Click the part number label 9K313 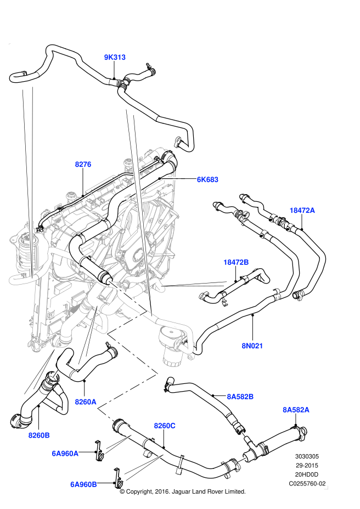point(115,57)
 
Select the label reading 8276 point(83,164)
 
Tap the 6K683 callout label point(207,179)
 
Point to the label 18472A point(302,210)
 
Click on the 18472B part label point(236,262)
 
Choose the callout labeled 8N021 point(252,346)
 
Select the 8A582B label point(240,397)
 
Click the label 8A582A point(296,410)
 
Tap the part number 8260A point(86,402)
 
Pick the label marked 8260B point(39,436)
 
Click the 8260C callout point(164,426)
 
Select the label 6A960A point(65,454)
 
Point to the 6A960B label point(83,484)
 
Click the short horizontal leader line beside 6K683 point(173,178)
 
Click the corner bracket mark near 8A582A point(326,487)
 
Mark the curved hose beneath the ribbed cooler point(22,280)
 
